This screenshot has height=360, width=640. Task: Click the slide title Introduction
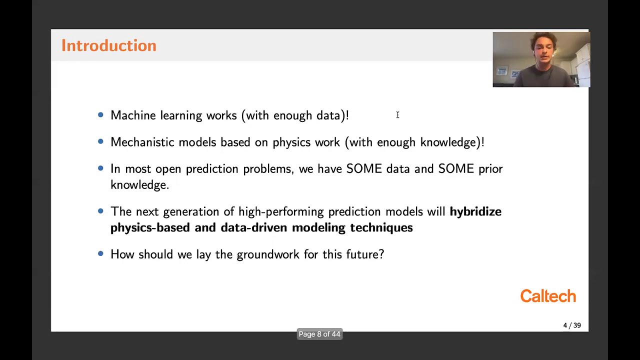(108, 45)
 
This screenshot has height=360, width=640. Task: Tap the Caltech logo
(548, 296)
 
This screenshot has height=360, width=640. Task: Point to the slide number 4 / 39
(572, 325)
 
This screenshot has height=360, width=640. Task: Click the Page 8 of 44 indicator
(319, 334)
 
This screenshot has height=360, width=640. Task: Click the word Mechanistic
(142, 142)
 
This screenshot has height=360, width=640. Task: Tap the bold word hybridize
(475, 211)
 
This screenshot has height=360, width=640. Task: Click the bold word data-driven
(254, 227)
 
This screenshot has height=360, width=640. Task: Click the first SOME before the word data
(363, 169)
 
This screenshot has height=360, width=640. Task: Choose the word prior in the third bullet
(490, 169)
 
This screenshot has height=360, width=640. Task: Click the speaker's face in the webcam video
(540, 50)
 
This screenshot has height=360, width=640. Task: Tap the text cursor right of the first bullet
(397, 115)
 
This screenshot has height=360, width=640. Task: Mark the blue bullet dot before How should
(100, 254)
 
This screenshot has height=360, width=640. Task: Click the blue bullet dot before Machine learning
(100, 115)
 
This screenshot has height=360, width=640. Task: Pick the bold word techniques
(381, 227)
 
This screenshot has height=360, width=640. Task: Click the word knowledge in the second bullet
(448, 142)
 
